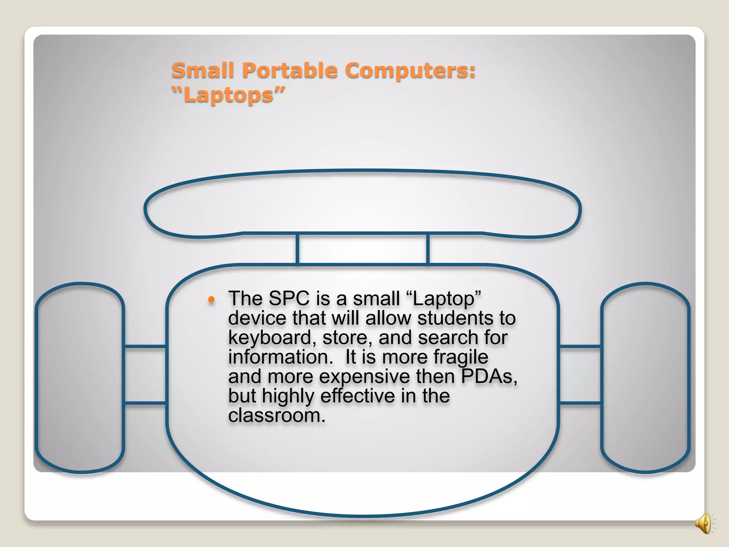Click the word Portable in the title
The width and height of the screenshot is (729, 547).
(289, 70)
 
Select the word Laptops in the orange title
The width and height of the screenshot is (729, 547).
(228, 95)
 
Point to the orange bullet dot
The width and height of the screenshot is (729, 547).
(211, 300)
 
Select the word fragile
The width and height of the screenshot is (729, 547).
(461, 357)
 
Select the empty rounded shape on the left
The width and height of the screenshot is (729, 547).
(80, 377)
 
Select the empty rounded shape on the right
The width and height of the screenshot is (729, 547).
(645, 377)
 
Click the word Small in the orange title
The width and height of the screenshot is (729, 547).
(203, 70)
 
